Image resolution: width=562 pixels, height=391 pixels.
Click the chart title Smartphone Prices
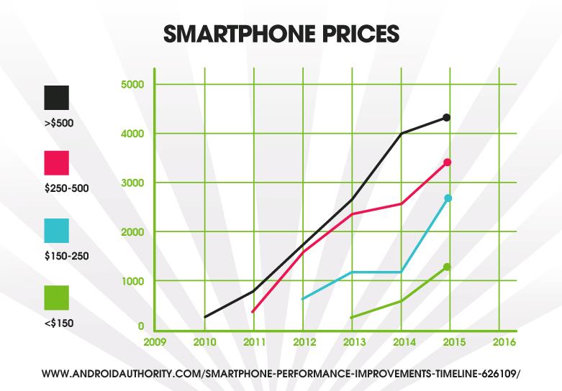(281, 34)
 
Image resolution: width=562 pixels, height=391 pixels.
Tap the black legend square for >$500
(56, 98)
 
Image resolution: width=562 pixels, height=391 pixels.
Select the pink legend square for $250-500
(56, 162)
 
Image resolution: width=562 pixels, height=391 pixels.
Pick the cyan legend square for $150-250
(56, 230)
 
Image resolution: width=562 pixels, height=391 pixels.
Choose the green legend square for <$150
(56, 298)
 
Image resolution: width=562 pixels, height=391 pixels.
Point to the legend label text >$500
(58, 122)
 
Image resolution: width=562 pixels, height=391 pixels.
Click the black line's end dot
(446, 117)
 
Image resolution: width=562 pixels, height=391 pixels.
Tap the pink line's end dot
(447, 162)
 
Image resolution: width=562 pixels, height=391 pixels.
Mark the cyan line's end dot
(448, 198)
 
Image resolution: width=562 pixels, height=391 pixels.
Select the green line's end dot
(447, 267)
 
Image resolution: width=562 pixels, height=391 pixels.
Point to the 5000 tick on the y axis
(132, 85)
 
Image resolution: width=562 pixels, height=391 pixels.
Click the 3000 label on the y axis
(132, 183)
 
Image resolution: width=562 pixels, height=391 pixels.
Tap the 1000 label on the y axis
(132, 280)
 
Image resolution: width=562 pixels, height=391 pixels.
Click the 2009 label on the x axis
(155, 341)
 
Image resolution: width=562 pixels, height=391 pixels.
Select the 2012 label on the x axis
(303, 341)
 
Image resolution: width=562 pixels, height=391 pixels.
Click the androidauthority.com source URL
(281, 374)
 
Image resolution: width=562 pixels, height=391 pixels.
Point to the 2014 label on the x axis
(402, 341)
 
